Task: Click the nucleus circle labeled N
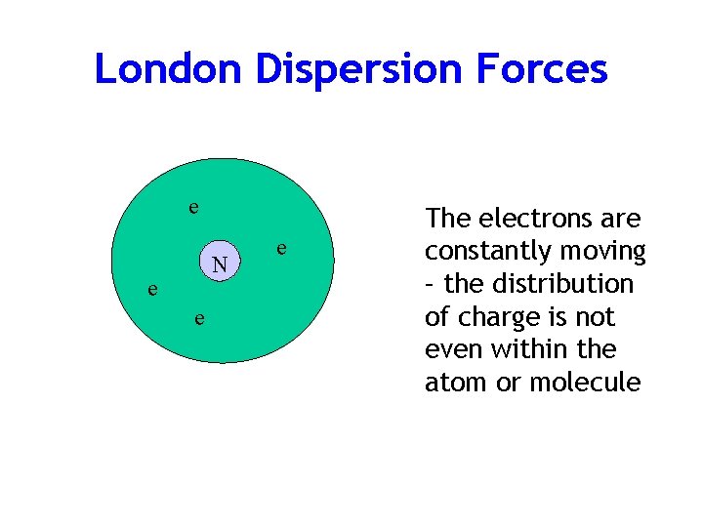tap(221, 263)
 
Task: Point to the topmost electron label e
tap(193, 207)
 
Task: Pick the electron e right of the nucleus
tap(281, 249)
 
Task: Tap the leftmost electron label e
tap(150, 289)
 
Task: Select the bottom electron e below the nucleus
tap(198, 318)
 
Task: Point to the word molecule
tap(585, 383)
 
